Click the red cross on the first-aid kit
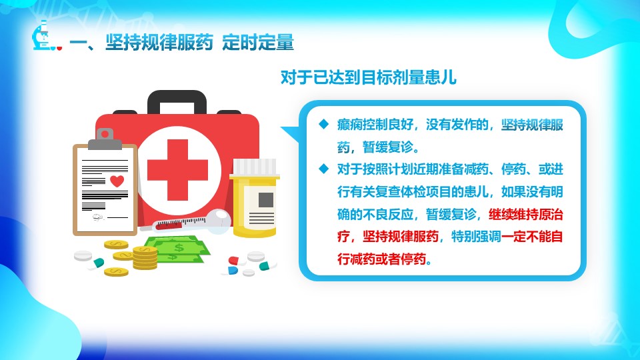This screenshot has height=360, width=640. [x=177, y=170]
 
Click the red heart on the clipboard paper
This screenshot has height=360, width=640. [x=117, y=181]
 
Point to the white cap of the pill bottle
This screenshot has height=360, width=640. [x=254, y=167]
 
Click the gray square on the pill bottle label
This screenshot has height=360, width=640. [x=266, y=200]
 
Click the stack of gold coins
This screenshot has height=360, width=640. [x=145, y=257]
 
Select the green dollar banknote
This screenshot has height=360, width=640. [x=178, y=249]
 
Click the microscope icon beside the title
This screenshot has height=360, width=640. [x=41, y=36]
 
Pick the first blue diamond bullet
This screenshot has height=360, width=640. [x=324, y=124]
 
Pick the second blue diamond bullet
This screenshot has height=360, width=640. [x=324, y=168]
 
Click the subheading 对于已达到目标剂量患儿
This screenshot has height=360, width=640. [x=369, y=77]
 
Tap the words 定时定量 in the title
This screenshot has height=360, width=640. [x=258, y=43]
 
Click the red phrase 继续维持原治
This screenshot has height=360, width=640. [x=526, y=214]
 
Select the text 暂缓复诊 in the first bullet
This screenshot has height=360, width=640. [x=387, y=147]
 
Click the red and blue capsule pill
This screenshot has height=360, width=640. [x=233, y=266]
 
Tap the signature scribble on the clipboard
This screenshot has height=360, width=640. [x=99, y=217]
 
